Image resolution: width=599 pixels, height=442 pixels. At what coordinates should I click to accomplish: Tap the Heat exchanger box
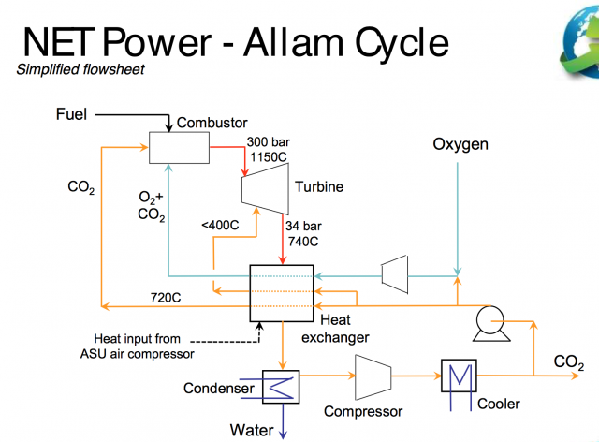click(280, 295)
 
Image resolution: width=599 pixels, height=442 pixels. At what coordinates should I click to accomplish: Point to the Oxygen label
click(460, 145)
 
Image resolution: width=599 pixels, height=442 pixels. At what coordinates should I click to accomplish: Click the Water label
click(254, 430)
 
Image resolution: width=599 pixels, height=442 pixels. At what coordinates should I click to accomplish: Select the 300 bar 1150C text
click(270, 149)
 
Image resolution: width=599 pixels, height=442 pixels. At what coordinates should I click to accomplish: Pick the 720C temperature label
click(166, 298)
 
